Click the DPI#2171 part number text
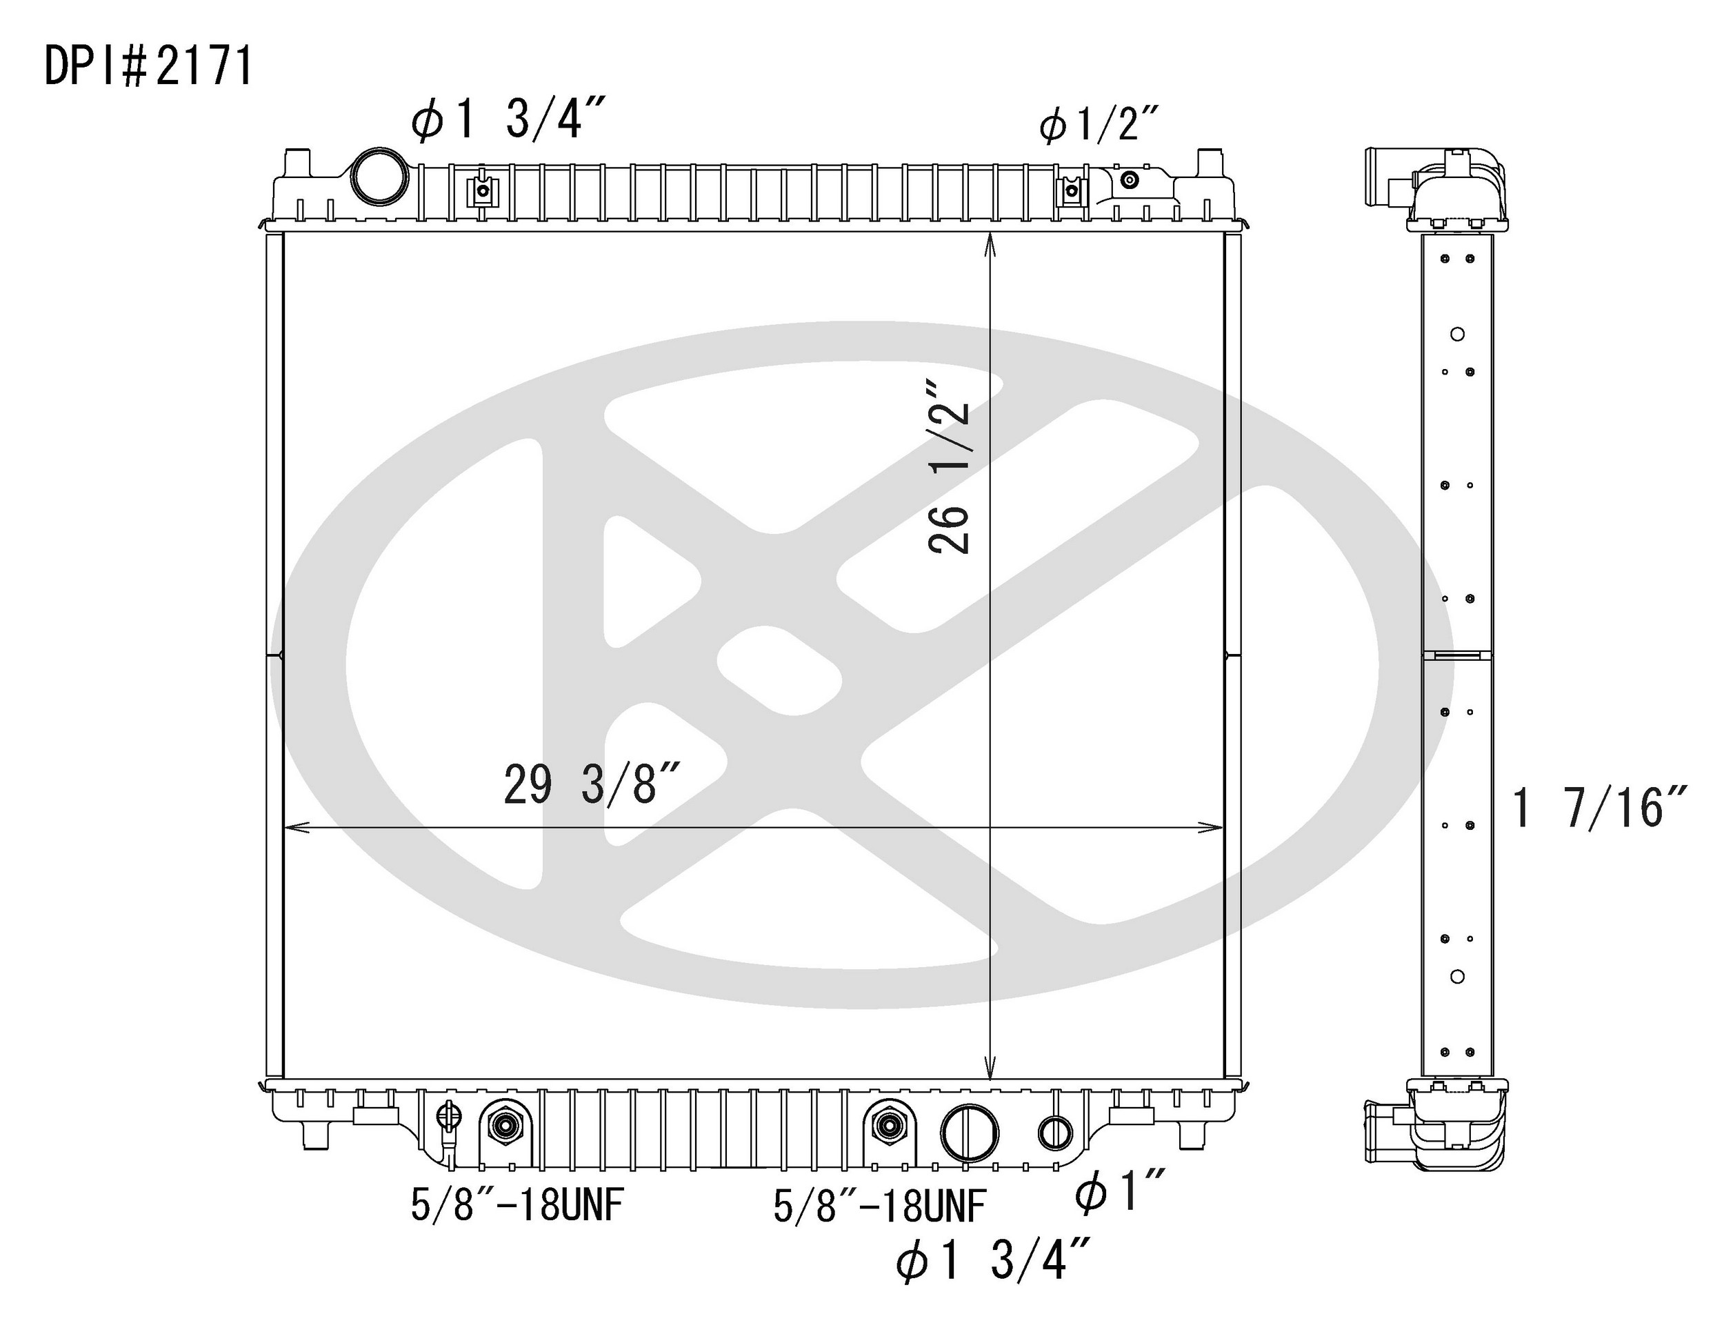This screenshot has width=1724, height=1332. click(x=148, y=66)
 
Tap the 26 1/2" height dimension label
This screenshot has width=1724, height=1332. click(x=949, y=468)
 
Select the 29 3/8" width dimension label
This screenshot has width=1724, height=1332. click(x=591, y=785)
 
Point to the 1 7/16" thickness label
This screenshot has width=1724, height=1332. click(x=1598, y=808)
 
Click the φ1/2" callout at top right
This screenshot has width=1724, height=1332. click(x=1098, y=126)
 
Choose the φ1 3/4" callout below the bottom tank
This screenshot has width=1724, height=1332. click(x=993, y=1261)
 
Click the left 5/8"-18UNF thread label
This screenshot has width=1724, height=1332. click(x=517, y=1206)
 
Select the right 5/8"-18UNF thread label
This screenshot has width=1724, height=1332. click(x=879, y=1206)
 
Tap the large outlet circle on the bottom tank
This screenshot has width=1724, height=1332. click(x=970, y=1133)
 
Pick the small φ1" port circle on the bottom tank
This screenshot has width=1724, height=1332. click(x=1054, y=1133)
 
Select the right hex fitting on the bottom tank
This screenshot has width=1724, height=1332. click(x=888, y=1126)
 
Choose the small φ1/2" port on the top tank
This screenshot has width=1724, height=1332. click(x=1130, y=180)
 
